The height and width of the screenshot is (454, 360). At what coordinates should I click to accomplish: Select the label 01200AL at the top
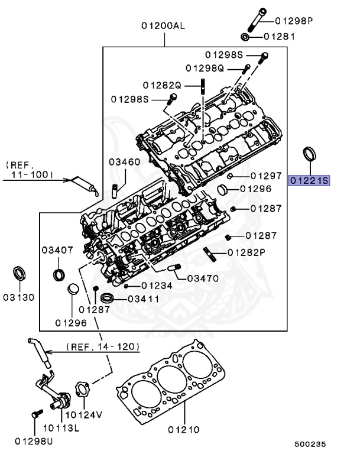click(163, 26)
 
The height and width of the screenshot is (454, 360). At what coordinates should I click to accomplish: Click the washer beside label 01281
click(246, 37)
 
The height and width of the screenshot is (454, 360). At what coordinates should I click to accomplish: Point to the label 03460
click(124, 161)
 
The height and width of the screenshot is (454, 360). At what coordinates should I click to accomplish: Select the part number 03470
click(203, 278)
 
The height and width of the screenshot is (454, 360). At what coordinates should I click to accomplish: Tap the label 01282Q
click(163, 85)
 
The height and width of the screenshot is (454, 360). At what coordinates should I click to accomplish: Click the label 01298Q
click(205, 68)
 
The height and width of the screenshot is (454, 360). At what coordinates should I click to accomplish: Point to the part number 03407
click(57, 250)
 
